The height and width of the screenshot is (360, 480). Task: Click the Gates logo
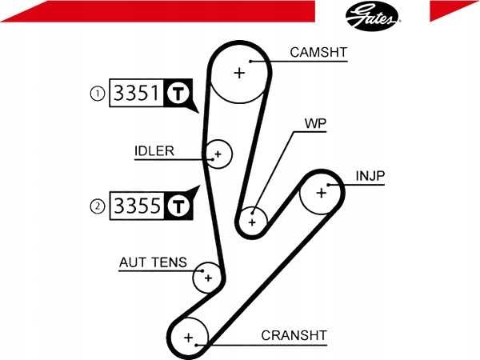(373, 16)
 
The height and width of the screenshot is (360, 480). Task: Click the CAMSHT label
(318, 52)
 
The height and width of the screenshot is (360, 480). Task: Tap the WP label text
(315, 123)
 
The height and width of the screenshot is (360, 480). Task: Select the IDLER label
(154, 151)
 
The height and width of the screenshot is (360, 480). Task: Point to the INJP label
(370, 176)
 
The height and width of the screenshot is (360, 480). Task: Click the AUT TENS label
(153, 262)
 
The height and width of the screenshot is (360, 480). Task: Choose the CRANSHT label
(294, 335)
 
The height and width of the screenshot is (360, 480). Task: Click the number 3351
(137, 93)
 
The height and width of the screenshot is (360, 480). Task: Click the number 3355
(137, 206)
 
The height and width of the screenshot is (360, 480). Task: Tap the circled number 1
(98, 94)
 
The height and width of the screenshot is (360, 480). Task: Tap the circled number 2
(98, 206)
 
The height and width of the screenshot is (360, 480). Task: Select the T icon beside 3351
(178, 93)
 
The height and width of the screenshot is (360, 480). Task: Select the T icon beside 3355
(178, 206)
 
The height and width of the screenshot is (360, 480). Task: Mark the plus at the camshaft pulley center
(239, 73)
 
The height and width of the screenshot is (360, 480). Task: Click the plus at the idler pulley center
(218, 154)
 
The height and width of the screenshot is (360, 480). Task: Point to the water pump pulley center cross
(252, 222)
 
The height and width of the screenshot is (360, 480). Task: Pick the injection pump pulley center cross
(322, 193)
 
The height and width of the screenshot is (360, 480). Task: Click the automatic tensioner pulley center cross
(208, 278)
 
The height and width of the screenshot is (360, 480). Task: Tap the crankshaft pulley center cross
(189, 338)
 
